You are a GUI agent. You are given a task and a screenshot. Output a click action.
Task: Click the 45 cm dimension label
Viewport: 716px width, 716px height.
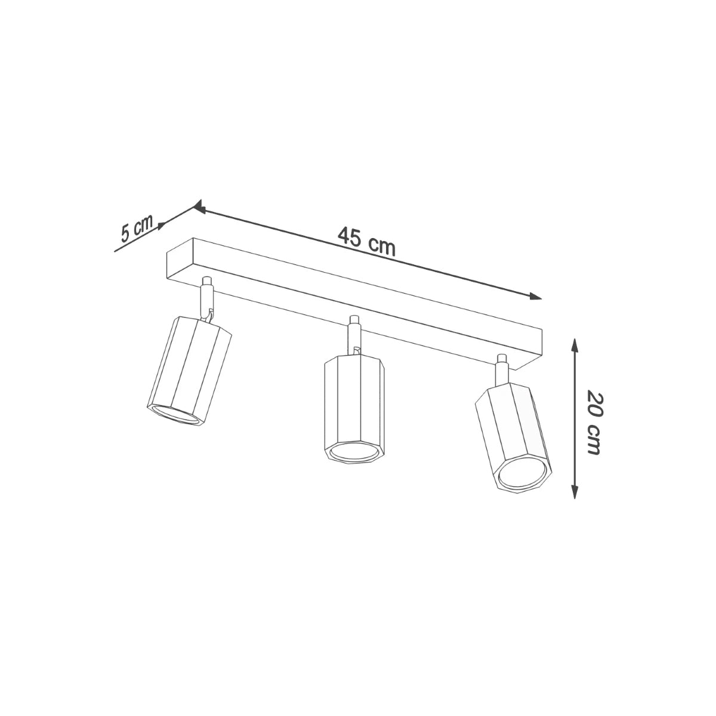pyautogui.click(x=366, y=241)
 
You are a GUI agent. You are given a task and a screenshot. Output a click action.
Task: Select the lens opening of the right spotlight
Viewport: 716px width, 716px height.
pyautogui.click(x=522, y=474)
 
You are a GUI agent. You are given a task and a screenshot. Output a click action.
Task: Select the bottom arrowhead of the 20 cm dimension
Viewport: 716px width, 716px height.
pyautogui.click(x=574, y=492)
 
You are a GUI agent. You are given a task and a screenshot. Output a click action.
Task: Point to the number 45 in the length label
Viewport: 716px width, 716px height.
pyautogui.click(x=350, y=237)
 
